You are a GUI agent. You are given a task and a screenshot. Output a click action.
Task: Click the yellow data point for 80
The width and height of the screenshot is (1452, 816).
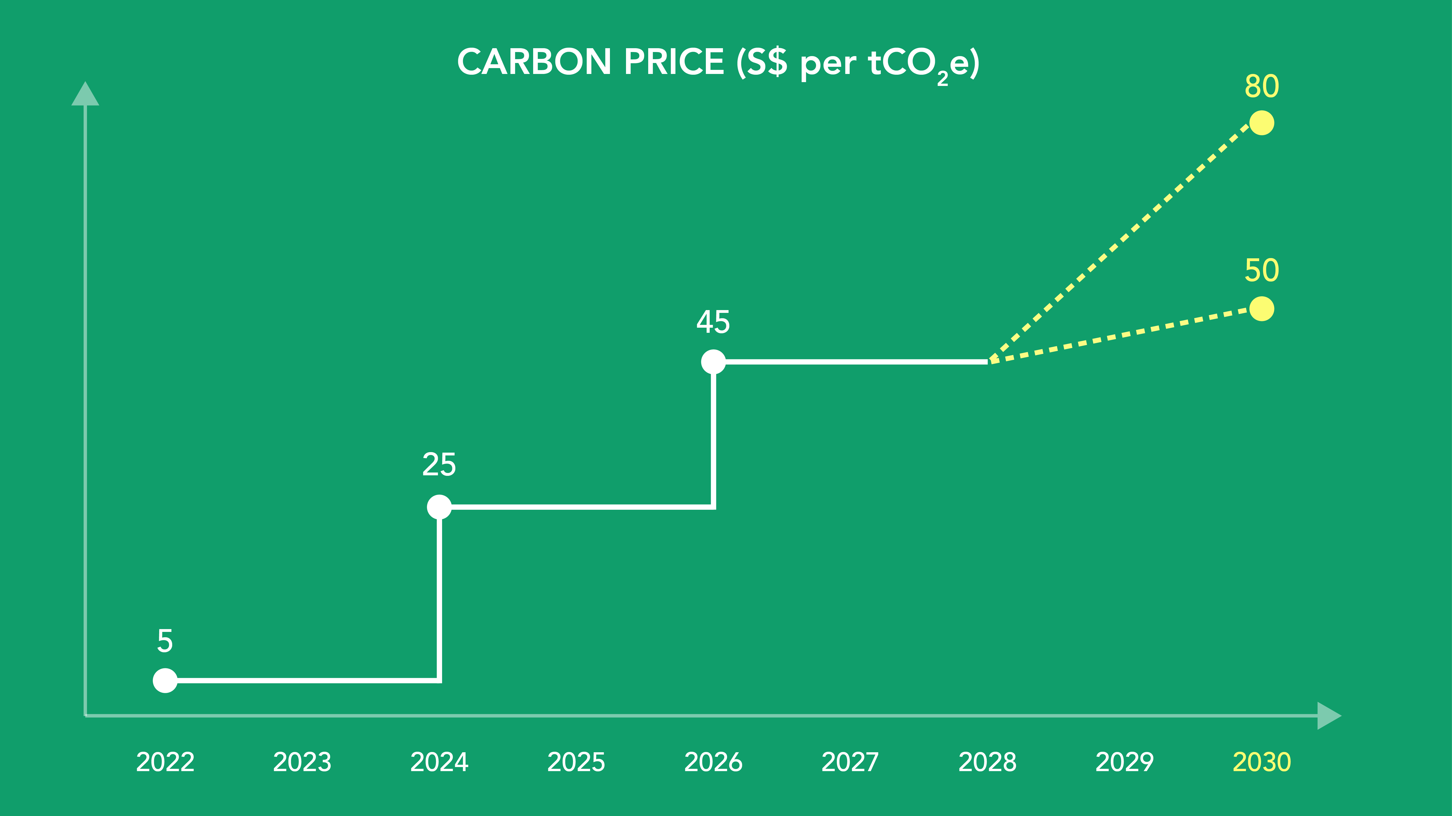[x=1261, y=123]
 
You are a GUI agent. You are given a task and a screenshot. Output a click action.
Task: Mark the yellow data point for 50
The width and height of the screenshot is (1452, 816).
[x=1261, y=309]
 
